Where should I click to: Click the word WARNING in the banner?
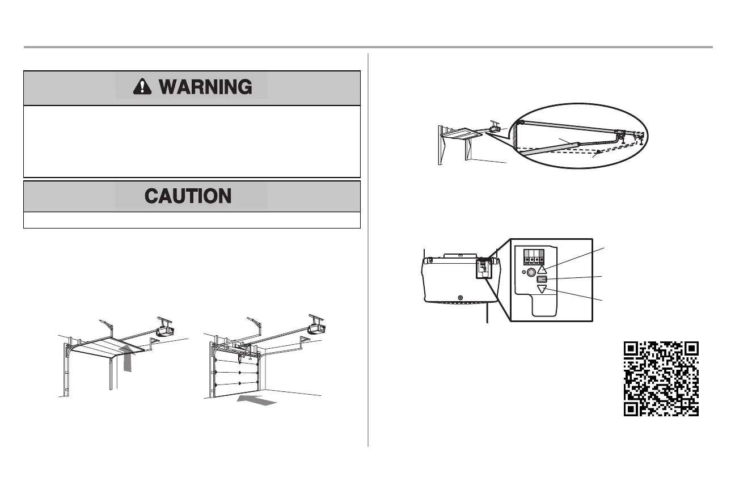205,87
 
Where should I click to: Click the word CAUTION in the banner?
188,196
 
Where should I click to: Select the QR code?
661,379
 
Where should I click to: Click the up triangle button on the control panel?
542,271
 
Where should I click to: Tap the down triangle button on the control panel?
542,290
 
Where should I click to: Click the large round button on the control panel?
531,272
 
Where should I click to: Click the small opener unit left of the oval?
495,129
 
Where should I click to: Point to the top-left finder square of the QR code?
632,349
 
